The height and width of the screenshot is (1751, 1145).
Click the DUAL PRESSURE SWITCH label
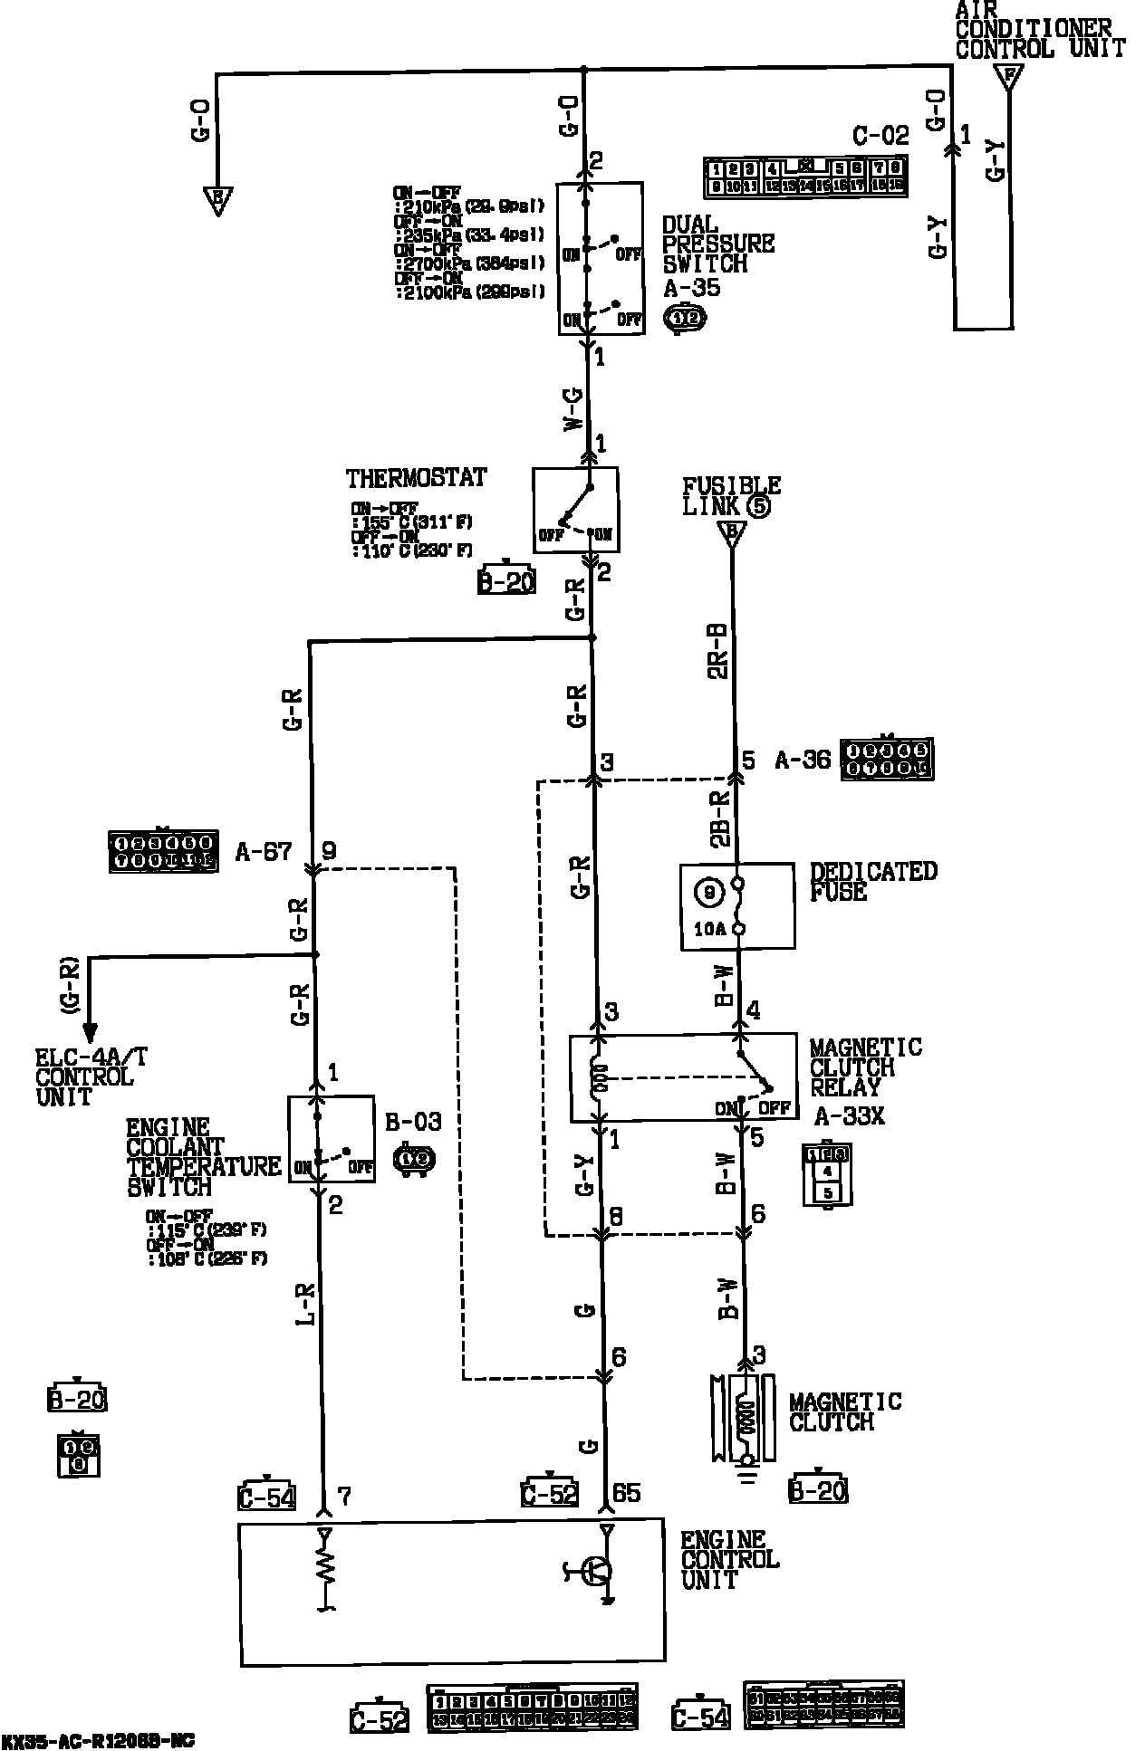coord(717,244)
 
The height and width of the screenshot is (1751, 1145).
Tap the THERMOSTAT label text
coord(416,478)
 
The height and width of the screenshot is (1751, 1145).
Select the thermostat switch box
coord(575,510)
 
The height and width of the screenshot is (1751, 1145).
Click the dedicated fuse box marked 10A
coord(737,906)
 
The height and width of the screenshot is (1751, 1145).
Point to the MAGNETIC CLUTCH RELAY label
coord(865,1067)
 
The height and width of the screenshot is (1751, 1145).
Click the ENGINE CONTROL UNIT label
coord(730,1559)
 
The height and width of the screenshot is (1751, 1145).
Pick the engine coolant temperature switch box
coord(331,1139)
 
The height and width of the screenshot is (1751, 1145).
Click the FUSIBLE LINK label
coord(730,496)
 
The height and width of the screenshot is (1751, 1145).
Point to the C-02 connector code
coord(880,137)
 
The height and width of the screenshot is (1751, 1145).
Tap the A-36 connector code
coord(802,760)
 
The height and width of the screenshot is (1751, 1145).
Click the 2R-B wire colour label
coord(717,650)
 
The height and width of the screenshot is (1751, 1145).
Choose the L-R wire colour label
coord(306,1306)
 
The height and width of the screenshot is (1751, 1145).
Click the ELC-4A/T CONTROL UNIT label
coord(83,1076)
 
